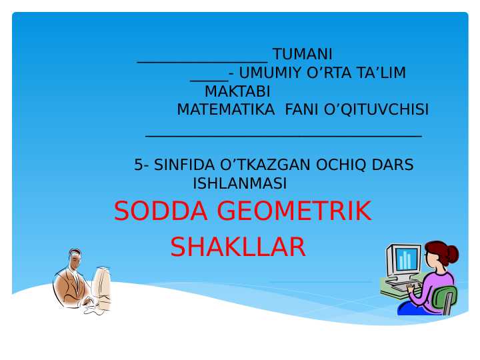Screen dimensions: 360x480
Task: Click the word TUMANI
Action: click(x=302, y=54)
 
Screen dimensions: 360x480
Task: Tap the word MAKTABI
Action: click(x=237, y=91)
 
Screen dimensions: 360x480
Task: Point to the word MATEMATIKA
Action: click(x=225, y=109)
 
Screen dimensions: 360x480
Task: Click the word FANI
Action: click(x=301, y=109)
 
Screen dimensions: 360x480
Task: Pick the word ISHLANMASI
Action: click(x=239, y=183)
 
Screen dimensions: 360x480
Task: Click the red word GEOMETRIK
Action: click(x=293, y=211)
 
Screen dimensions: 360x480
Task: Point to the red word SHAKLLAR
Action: click(x=237, y=247)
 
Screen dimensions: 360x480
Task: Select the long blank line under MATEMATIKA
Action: click(x=283, y=135)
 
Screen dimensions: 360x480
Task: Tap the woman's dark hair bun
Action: click(x=453, y=253)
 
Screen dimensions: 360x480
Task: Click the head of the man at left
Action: click(x=75, y=258)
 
